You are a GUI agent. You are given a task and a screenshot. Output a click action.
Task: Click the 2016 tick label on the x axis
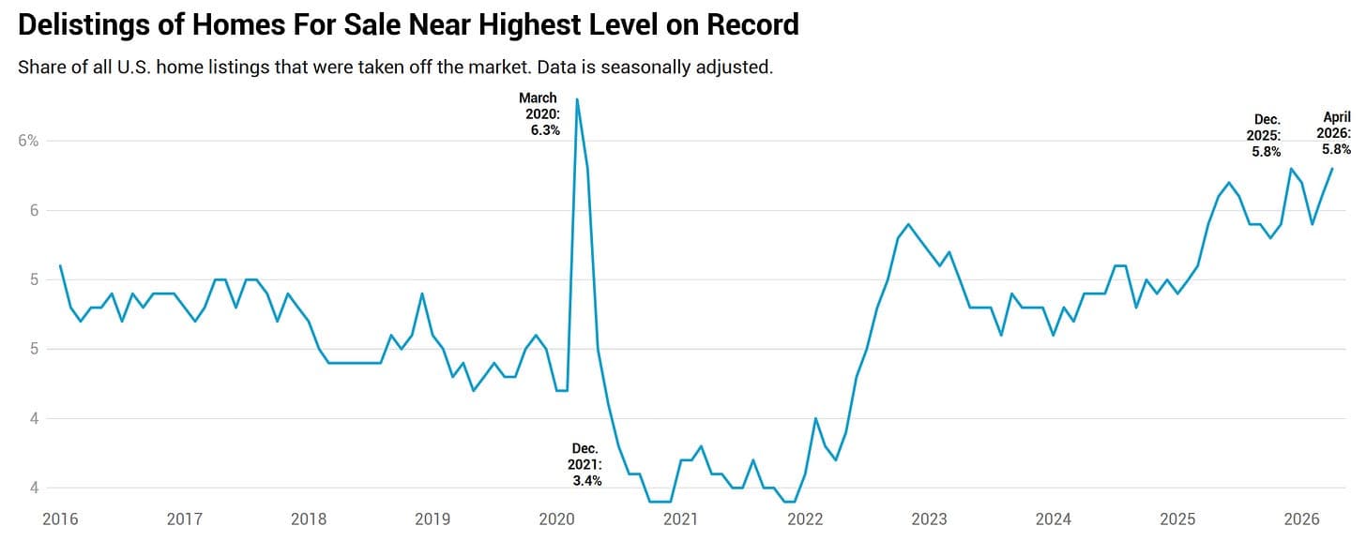click(x=60, y=519)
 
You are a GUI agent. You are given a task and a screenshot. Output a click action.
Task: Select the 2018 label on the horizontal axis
click(x=309, y=519)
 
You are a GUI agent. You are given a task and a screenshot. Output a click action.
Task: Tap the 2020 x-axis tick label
click(x=556, y=519)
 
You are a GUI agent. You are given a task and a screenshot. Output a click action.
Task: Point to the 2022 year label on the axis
click(x=805, y=519)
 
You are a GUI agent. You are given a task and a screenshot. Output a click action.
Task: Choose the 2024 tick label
click(x=1054, y=519)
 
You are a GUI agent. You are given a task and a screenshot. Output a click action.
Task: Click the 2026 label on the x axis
click(x=1302, y=519)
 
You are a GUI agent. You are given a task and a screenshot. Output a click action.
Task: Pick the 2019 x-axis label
click(x=433, y=519)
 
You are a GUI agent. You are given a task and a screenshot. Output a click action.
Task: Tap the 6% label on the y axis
click(x=28, y=141)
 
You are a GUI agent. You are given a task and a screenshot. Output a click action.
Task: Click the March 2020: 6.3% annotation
click(x=539, y=114)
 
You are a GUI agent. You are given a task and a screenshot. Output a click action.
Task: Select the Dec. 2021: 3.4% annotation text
click(x=584, y=465)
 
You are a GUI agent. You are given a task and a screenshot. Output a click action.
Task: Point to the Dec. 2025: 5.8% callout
click(x=1264, y=135)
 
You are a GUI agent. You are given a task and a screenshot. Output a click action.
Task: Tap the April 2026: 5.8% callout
click(x=1334, y=133)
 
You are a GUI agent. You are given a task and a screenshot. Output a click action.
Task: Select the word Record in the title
click(x=752, y=24)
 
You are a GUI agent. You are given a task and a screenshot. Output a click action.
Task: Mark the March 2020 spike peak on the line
click(x=577, y=99)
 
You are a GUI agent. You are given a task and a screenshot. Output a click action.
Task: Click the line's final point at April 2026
click(x=1332, y=169)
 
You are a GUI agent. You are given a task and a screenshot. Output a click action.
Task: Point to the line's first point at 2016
click(x=60, y=265)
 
